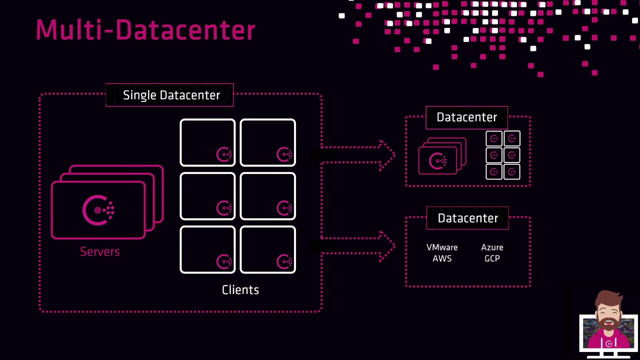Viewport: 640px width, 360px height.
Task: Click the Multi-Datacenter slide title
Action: (145, 30)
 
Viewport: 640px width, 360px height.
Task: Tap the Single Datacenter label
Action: (171, 95)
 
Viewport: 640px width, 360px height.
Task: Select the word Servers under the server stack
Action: (99, 251)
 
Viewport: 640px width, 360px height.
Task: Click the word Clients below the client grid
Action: (240, 290)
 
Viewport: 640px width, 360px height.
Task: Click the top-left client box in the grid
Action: (207, 142)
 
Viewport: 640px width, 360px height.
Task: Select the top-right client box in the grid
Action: (267, 142)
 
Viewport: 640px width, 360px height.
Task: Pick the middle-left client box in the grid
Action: (207, 196)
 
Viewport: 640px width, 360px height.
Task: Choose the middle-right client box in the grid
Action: (267, 196)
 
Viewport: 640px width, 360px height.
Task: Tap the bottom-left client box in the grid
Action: (207, 249)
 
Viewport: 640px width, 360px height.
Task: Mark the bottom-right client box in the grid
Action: (267, 249)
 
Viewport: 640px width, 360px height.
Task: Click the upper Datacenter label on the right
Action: (466, 117)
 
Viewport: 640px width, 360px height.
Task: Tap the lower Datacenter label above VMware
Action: (467, 218)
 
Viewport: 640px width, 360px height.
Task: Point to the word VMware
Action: (442, 247)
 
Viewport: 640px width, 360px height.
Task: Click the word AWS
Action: (442, 258)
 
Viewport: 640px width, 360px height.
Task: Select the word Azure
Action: (492, 247)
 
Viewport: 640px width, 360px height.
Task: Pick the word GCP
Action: (492, 258)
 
